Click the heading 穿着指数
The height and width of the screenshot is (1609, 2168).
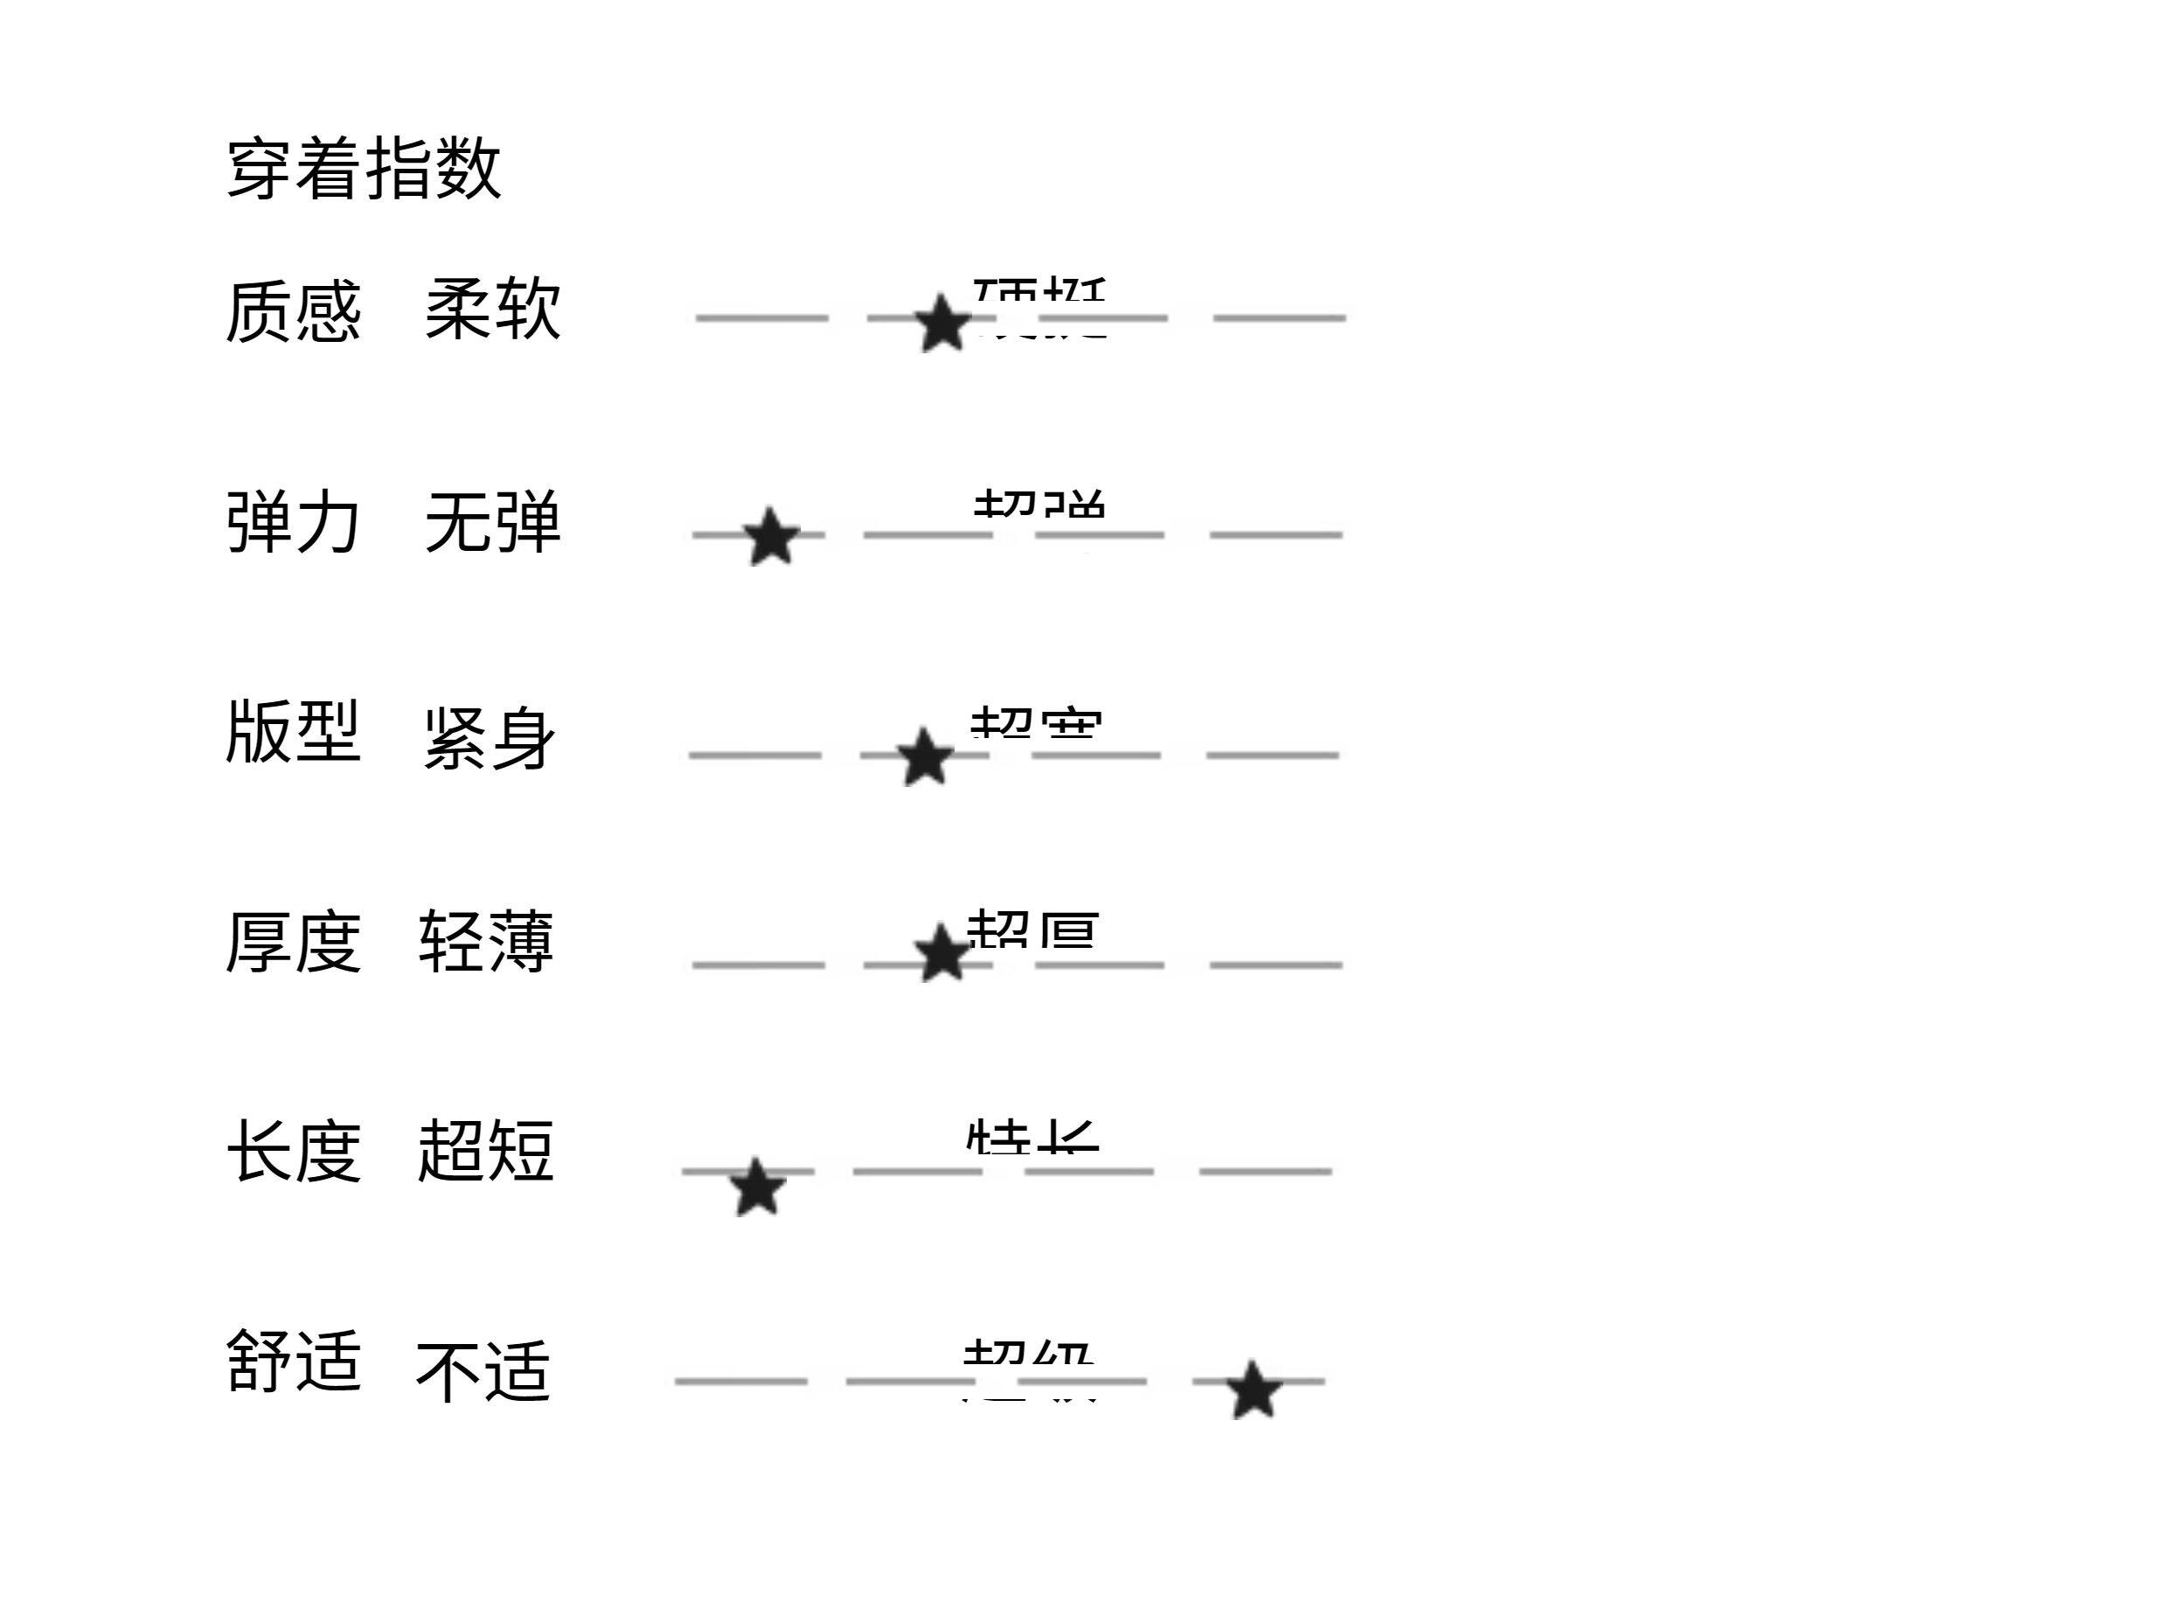coord(364,169)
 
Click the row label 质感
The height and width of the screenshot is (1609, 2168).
coord(293,310)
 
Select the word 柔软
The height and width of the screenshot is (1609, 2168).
coord(492,309)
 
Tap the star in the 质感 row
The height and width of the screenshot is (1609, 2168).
coord(942,324)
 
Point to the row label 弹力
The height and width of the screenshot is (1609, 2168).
coord(293,522)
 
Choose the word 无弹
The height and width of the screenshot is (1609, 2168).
coord(492,522)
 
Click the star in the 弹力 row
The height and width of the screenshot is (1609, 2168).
coord(770,537)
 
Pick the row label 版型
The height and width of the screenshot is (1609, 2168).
coord(293,731)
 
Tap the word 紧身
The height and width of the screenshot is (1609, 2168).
coord(490,738)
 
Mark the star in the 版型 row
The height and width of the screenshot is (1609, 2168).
coord(924,758)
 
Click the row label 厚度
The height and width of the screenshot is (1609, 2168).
coord(293,942)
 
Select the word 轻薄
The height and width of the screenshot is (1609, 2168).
coord(486,942)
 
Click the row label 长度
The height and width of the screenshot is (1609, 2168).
coord(293,1152)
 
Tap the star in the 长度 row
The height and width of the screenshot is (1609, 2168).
coord(757,1188)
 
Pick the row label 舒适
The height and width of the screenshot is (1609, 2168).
coord(293,1361)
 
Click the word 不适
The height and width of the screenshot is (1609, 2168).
coord(483,1371)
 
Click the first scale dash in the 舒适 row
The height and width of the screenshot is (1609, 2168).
coord(740,1381)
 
